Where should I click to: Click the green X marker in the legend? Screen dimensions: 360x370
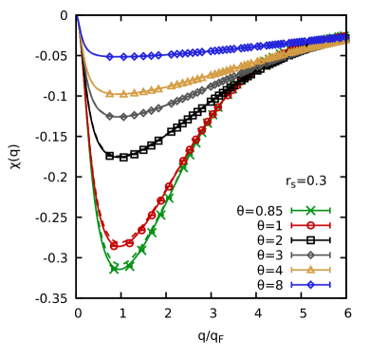click(310, 210)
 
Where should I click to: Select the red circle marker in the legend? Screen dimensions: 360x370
click(310, 225)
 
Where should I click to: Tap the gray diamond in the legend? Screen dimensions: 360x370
click(310, 255)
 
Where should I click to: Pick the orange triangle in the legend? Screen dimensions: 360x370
click(310, 270)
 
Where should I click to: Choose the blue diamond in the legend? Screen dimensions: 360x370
click(310, 284)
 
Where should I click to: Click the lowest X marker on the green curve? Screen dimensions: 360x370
click(115, 268)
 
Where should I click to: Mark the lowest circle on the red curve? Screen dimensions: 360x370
click(114, 245)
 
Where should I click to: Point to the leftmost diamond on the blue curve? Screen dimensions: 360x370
click(109, 57)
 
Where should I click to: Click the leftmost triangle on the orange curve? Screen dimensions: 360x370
click(110, 93)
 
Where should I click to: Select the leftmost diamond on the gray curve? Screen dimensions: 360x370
click(110, 116)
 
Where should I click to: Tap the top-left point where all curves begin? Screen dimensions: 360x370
click(78, 17)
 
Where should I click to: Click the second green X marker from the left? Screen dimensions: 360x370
click(129, 265)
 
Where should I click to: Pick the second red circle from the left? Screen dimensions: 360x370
click(129, 243)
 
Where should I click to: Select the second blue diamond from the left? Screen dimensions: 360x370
click(123, 57)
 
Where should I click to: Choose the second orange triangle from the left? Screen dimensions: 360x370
click(123, 94)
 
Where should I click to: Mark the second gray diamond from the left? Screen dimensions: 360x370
click(123, 117)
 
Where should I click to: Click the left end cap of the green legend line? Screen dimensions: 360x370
click(291, 210)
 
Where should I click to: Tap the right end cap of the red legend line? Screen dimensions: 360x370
click(329, 225)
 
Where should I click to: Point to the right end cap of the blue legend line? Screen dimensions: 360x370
click(329, 284)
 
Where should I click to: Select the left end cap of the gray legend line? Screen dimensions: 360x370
click(291, 255)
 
